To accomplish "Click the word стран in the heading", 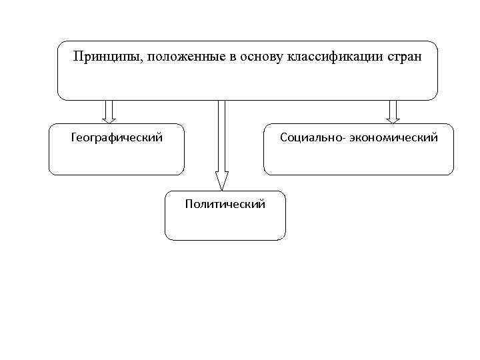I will click(x=403, y=57).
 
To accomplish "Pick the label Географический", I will click(x=117, y=138).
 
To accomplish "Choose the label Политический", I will click(x=225, y=204).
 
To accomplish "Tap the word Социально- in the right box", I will click(x=310, y=138).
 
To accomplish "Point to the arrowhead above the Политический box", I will click(x=222, y=181).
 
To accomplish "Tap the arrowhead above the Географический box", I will click(x=110, y=120).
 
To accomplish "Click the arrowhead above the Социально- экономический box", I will click(x=393, y=120).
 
